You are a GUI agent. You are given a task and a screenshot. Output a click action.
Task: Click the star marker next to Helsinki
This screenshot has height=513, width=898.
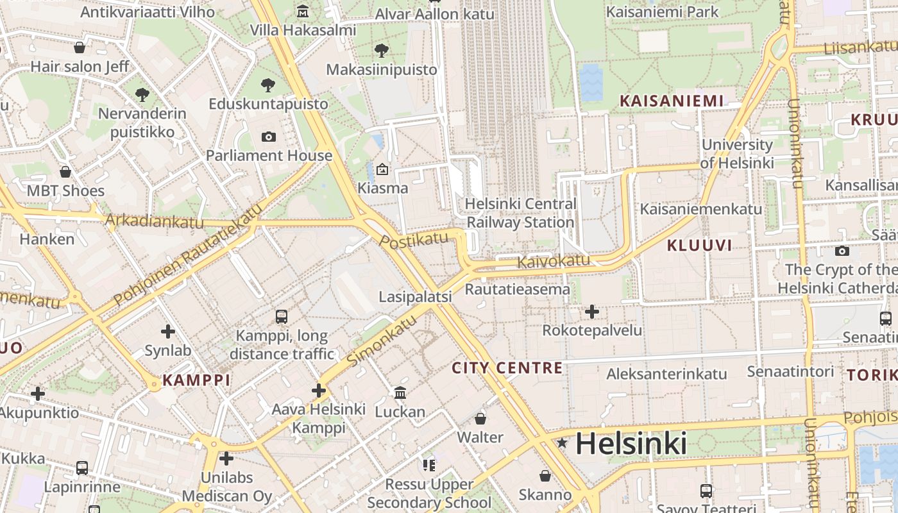563,442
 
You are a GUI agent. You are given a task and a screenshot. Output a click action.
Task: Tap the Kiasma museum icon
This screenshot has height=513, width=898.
382,169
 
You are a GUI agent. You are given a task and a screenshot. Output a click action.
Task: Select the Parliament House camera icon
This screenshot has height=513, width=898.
269,137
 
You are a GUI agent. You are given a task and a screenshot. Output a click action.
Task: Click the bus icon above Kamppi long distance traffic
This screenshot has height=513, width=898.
281,316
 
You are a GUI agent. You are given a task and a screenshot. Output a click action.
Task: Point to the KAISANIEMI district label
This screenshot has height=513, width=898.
671,101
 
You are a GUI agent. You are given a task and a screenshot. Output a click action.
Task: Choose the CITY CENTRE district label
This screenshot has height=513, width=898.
507,368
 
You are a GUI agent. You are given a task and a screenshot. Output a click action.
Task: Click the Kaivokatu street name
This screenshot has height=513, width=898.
553,261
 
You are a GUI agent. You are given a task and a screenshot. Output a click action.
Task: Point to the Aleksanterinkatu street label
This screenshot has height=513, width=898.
666,374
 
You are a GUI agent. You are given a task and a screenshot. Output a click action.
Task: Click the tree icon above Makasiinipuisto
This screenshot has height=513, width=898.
382,50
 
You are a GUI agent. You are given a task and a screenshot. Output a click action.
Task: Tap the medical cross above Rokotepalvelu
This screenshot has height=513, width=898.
591,312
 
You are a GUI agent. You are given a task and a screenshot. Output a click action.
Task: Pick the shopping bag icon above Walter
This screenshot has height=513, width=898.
480,419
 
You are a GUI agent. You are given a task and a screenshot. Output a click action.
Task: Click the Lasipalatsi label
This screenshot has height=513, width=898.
415,297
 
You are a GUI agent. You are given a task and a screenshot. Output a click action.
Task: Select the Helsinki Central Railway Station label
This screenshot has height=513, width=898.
520,214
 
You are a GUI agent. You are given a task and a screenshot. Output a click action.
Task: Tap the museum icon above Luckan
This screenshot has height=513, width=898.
400,392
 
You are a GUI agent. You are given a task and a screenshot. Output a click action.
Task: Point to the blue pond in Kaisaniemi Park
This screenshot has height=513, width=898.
591,83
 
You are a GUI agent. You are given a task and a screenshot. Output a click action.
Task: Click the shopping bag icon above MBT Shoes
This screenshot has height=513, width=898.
65,172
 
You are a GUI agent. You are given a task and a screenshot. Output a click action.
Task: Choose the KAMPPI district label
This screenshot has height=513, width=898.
196,380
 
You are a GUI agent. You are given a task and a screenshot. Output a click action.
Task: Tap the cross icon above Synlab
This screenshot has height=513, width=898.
168,332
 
